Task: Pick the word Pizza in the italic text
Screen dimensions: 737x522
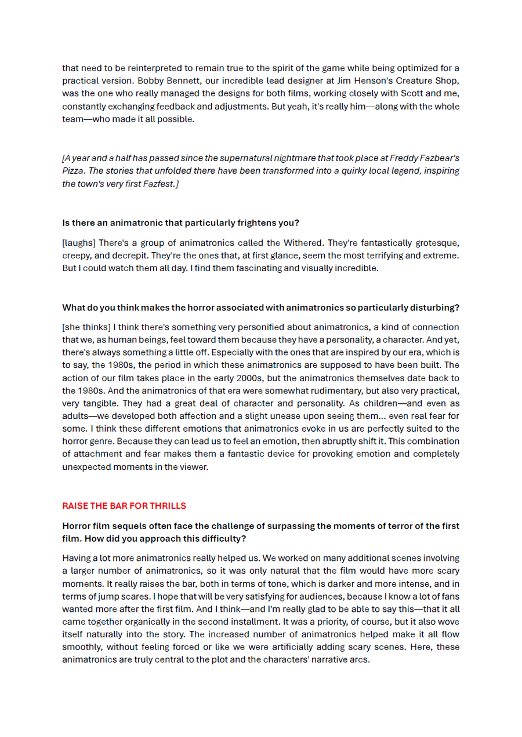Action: coord(73,171)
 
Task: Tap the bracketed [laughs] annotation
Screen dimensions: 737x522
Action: coord(79,243)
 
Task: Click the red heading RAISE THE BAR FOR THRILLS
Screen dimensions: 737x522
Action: coord(124,506)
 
